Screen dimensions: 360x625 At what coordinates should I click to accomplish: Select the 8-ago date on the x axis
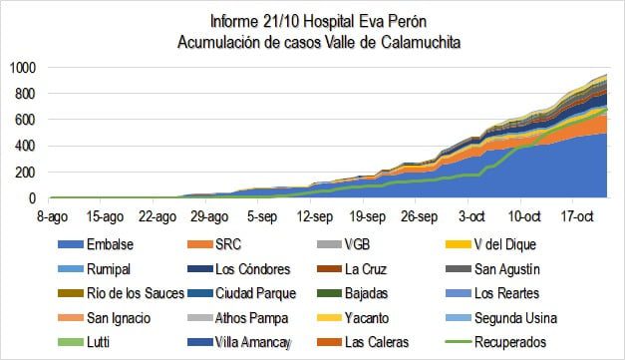[x=50, y=214]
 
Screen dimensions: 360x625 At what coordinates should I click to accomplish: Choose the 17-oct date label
[x=578, y=214]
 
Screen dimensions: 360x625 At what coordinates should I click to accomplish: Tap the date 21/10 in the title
[x=274, y=20]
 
